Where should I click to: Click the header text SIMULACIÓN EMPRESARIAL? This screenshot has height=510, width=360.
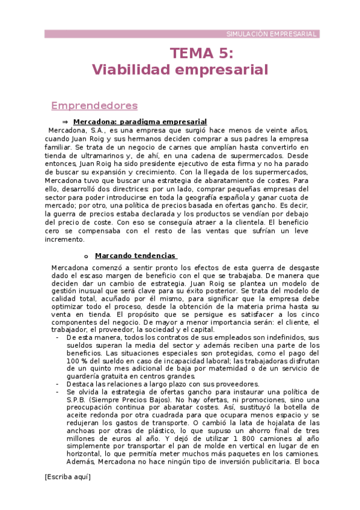pos(272,34)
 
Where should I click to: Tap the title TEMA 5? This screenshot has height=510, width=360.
pos(201,54)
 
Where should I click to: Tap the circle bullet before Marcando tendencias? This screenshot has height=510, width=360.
pos(86,256)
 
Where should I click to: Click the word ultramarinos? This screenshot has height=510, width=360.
pos(94,155)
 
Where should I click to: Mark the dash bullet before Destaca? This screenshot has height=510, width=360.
pos(56,384)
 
